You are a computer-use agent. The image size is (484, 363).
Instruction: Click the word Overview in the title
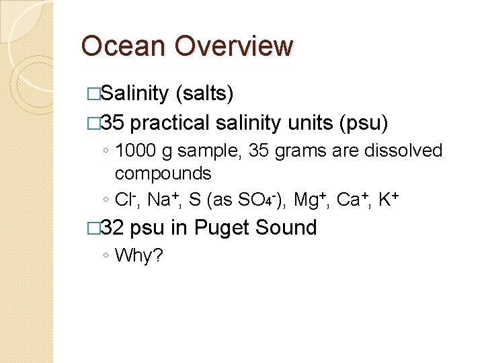tap(233, 46)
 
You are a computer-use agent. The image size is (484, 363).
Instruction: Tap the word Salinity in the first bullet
tap(136, 93)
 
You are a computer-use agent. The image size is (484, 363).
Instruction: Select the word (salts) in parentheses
tap(204, 93)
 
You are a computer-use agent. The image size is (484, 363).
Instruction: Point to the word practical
tap(170, 123)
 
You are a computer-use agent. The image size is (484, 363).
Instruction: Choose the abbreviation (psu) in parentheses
tap(364, 123)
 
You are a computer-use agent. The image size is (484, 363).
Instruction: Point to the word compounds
tap(163, 173)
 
